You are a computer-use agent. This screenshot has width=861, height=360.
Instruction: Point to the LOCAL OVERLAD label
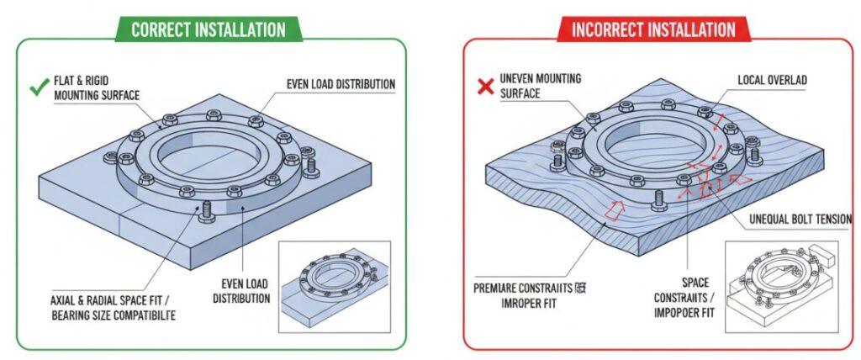(772, 80)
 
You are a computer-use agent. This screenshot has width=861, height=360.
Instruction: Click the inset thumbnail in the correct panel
(335, 282)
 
